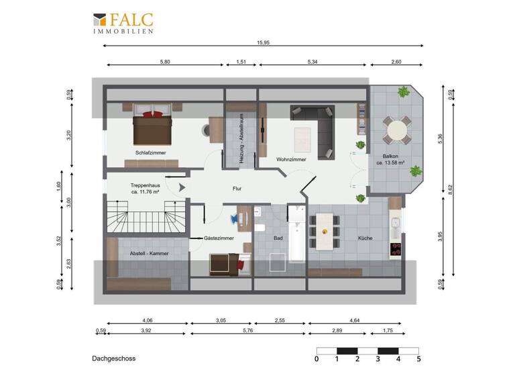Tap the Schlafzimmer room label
(x=150, y=152)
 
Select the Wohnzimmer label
(x=291, y=159)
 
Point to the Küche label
(x=365, y=238)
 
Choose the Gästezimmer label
(x=219, y=238)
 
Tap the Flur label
(x=237, y=189)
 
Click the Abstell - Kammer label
(x=149, y=254)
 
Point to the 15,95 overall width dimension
(x=264, y=42)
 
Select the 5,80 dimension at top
(x=165, y=61)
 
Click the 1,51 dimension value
(x=241, y=61)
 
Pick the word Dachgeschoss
(x=114, y=359)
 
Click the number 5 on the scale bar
(x=418, y=359)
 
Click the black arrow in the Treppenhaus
(x=179, y=189)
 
